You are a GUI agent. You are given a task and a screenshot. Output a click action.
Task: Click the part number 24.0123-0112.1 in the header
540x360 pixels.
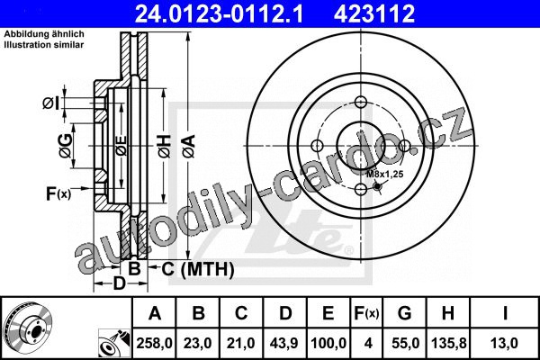(x=219, y=13)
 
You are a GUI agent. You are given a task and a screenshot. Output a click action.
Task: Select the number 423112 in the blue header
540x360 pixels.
(x=374, y=13)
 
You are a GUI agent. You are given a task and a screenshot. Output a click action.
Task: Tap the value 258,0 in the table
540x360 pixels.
(x=154, y=343)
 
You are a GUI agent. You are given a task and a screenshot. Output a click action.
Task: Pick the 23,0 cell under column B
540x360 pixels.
(x=198, y=343)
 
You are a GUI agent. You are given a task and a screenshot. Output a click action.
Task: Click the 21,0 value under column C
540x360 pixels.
(x=240, y=343)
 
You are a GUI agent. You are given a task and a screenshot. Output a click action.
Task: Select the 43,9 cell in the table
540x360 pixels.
(x=284, y=343)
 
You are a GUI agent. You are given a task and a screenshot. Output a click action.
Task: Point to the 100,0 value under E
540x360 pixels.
(x=328, y=343)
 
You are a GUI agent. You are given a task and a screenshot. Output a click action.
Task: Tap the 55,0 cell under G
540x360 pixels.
(x=405, y=343)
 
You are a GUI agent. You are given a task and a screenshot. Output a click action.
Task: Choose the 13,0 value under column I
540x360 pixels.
(x=505, y=343)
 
